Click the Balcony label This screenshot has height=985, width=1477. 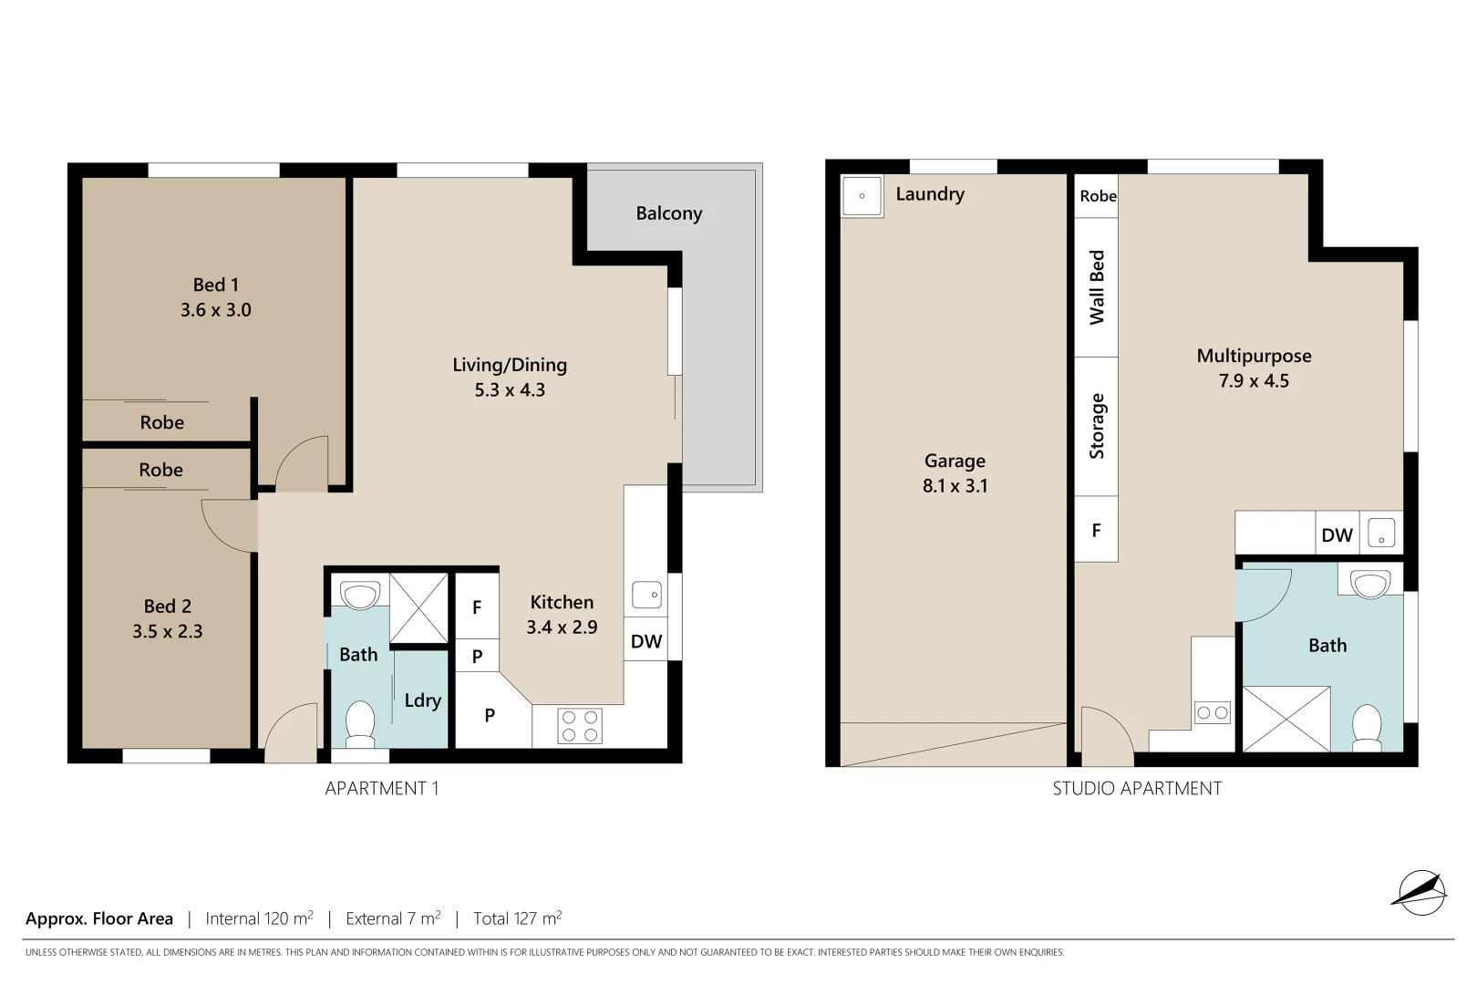coord(668,213)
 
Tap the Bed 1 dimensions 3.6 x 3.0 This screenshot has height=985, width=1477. coord(216,310)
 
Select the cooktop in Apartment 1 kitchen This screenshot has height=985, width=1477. coord(580,726)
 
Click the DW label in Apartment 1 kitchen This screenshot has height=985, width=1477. coord(646,641)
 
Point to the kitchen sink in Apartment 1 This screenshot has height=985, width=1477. coord(646,596)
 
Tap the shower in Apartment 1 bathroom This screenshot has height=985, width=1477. coord(418,607)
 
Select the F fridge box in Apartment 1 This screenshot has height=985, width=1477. coord(477,607)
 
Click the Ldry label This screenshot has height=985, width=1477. coord(422,700)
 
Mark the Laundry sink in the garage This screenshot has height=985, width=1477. coord(862,196)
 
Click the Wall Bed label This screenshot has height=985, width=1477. coord(1097,287)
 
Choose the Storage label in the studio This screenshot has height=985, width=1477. coord(1097,426)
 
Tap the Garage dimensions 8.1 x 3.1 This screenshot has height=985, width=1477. coord(955,486)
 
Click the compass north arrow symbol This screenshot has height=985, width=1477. coord(1420,891)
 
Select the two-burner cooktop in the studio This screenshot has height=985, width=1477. coord(1213,712)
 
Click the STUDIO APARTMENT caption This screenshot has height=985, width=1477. coord(1137,788)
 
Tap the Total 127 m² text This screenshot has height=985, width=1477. coord(517,918)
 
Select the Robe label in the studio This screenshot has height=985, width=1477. coord(1098,196)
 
